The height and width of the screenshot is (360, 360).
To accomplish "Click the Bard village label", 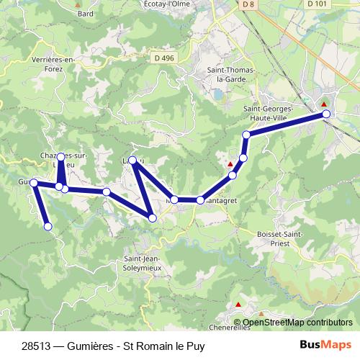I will (x=85, y=13).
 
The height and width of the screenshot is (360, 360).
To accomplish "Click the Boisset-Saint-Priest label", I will (x=279, y=239).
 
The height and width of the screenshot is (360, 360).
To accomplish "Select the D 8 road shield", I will (x=249, y=4).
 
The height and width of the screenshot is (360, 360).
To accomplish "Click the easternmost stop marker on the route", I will (x=326, y=114).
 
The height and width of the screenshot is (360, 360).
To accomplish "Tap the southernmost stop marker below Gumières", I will (x=48, y=227).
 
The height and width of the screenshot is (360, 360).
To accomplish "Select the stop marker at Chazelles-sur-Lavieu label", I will (x=61, y=156).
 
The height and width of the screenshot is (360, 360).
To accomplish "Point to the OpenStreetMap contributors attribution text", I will (x=296, y=323).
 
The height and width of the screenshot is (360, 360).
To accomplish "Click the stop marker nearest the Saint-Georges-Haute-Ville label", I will (x=246, y=135).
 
